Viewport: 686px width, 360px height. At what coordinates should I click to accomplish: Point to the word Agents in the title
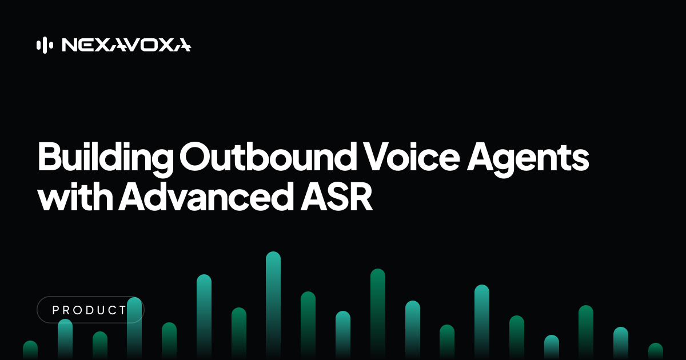pos(528,159)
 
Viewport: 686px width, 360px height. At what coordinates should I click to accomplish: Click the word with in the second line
pos(75,196)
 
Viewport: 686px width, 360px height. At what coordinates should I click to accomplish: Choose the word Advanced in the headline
pos(206,196)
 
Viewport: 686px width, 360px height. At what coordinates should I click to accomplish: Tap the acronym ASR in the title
pos(337,196)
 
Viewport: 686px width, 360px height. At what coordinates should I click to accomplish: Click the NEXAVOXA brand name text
pos(126,45)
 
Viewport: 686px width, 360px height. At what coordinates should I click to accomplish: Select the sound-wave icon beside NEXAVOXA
pos(45,45)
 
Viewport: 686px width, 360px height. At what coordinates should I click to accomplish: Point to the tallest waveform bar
pos(273,305)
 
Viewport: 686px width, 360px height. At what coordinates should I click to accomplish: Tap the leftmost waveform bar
pos(30,350)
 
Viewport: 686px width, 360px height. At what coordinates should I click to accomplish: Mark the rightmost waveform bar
pos(656,351)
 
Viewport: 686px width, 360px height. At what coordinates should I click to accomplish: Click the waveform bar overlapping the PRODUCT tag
pos(134,329)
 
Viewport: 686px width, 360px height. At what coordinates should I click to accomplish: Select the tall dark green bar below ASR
pos(378,314)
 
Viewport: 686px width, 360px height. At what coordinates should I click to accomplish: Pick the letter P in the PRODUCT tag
pos(55,310)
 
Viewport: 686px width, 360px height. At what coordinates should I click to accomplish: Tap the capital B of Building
pos(50,156)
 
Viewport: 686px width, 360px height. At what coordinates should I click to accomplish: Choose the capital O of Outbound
pos(195,156)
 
